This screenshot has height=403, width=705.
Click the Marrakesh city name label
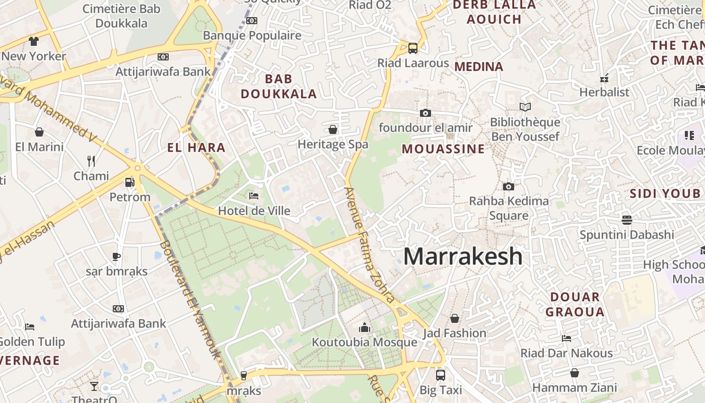463,256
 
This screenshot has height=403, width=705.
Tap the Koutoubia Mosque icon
365,328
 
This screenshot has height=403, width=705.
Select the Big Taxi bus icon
441,375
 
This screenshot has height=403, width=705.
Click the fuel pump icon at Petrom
129,182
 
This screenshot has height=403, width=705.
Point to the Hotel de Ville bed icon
254,195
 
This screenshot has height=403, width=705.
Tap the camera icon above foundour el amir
426,113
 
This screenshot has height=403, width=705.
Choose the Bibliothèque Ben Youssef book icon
525,107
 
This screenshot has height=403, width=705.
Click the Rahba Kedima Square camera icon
509,186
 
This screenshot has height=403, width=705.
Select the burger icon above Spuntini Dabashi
626,220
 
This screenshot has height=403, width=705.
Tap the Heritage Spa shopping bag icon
333,129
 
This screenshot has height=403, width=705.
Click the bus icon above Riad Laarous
413,48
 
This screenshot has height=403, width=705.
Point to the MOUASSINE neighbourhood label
443,149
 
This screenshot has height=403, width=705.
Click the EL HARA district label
196,148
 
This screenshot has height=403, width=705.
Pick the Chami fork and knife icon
91,161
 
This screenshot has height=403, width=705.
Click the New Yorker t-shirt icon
34,41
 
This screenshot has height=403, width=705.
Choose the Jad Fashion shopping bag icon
454,318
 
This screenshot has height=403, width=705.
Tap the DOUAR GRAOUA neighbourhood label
575,304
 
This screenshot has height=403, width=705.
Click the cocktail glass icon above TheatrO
94,386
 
